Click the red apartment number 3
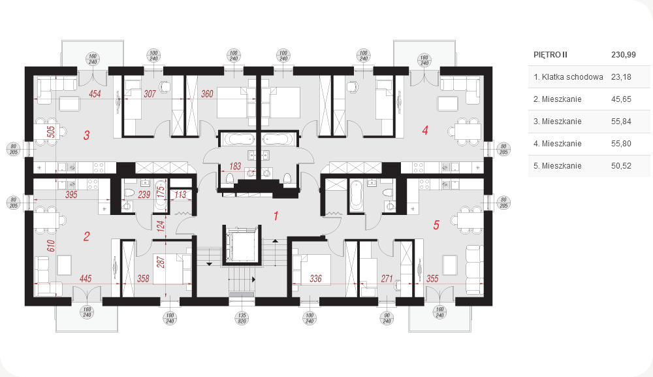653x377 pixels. pyautogui.click(x=87, y=135)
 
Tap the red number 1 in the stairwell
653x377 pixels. pyautogui.click(x=276, y=216)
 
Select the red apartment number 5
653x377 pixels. pyautogui.click(x=436, y=225)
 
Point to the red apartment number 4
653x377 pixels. pyautogui.click(x=425, y=131)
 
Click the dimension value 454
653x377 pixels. pyautogui.click(x=95, y=93)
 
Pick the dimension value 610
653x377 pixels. pyautogui.click(x=51, y=246)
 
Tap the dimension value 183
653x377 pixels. pyautogui.click(x=235, y=166)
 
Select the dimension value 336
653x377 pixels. pyautogui.click(x=315, y=278)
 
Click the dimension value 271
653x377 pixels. pyautogui.click(x=387, y=278)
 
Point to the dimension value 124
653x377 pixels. pyautogui.click(x=161, y=226)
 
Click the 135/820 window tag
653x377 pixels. pyautogui.click(x=242, y=318)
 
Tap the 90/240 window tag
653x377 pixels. pyautogui.click(x=387, y=318)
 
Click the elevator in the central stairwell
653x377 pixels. pyautogui.click(x=242, y=246)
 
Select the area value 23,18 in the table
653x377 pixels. pyautogui.click(x=621, y=77)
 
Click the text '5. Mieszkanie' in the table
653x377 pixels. pyautogui.click(x=557, y=166)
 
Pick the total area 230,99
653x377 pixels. pyautogui.click(x=624, y=55)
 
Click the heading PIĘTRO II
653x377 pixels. pyautogui.click(x=550, y=55)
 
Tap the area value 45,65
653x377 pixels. pyautogui.click(x=621, y=99)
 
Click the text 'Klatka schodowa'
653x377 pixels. pyautogui.click(x=572, y=77)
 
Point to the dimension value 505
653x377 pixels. pyautogui.click(x=51, y=132)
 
